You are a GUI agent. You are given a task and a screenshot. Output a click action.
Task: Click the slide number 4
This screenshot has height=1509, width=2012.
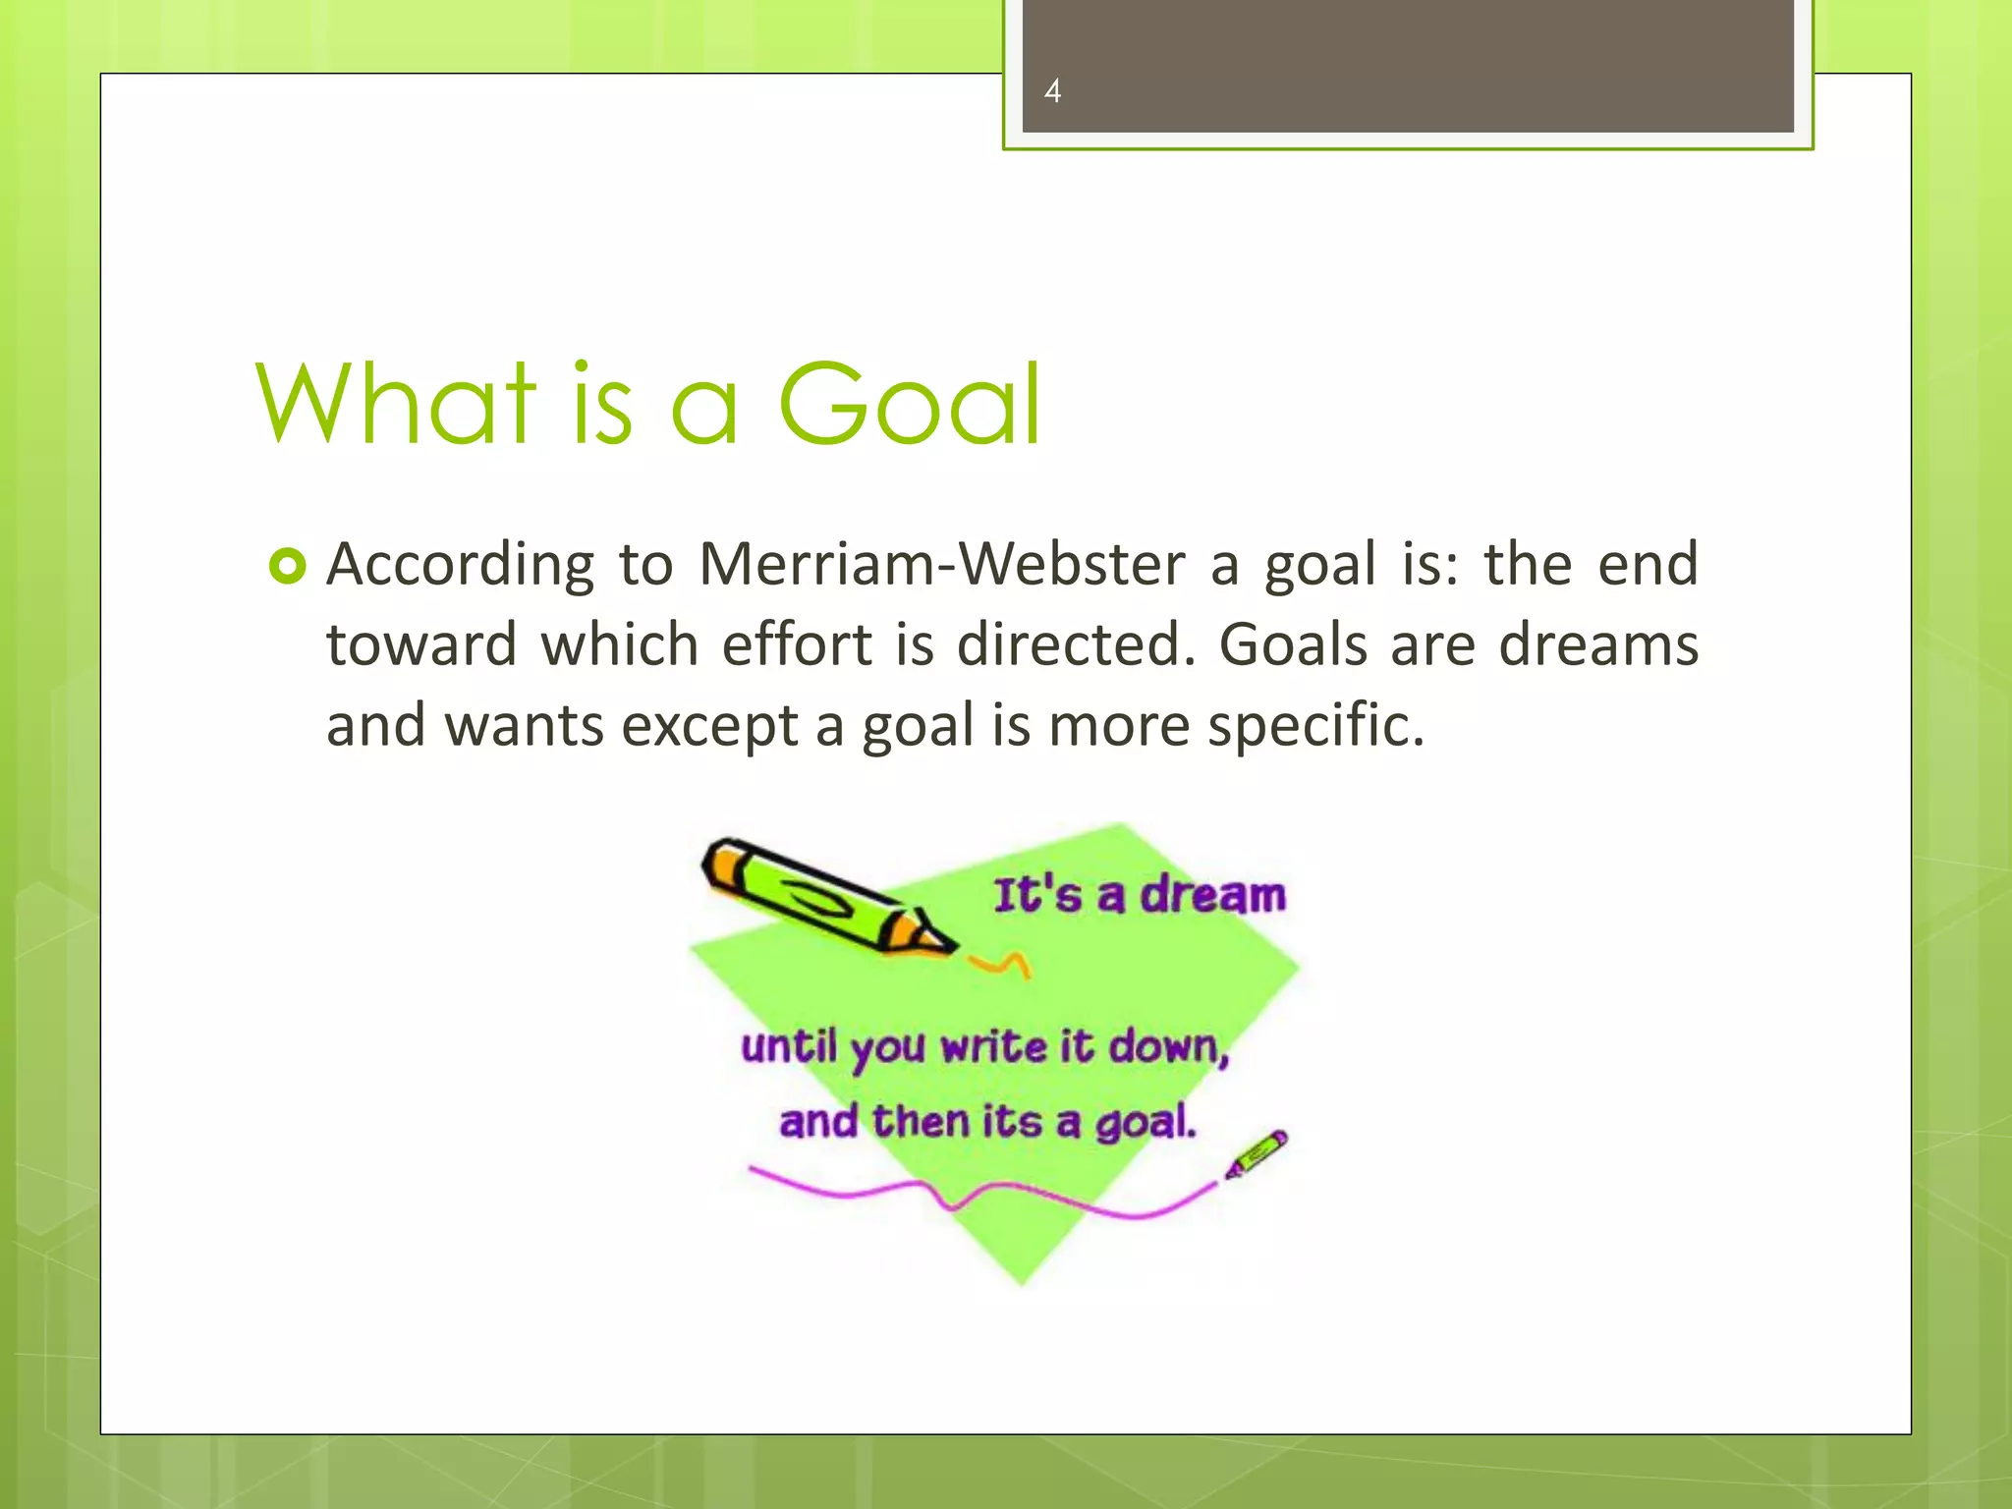(x=1052, y=91)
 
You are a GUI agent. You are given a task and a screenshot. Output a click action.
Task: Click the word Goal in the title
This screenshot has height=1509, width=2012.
(x=909, y=404)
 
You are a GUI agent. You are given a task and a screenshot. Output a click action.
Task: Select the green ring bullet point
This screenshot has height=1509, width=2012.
(x=287, y=567)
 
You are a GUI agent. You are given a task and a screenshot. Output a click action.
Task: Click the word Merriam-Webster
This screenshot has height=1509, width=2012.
(x=942, y=565)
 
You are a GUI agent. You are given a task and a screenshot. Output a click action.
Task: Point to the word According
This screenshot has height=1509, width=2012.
(x=460, y=567)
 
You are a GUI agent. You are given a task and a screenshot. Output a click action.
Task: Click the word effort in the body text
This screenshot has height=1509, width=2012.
(x=797, y=645)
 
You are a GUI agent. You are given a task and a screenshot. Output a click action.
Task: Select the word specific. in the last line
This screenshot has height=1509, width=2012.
(x=1315, y=727)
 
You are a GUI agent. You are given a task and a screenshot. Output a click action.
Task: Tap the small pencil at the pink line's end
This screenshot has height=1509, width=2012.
(x=1257, y=1153)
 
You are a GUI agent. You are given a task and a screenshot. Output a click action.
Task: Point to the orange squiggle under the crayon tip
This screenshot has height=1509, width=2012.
(x=1001, y=964)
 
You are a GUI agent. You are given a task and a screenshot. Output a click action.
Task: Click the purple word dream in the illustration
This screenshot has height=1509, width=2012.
(x=1212, y=895)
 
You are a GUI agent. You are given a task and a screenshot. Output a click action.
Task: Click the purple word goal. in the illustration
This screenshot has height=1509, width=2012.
(x=1146, y=1123)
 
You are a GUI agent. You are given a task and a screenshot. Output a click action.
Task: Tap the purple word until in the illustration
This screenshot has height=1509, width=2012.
(x=789, y=1047)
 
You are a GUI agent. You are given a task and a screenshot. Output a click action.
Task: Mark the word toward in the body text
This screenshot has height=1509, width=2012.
(x=421, y=645)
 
